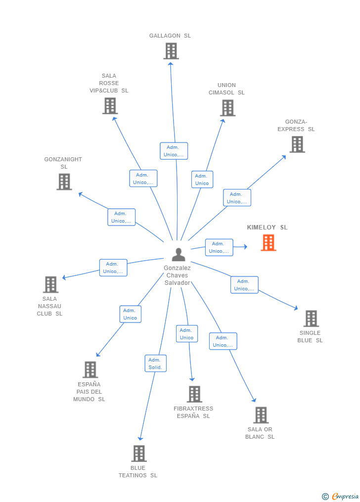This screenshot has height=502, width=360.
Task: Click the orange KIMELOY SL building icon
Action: point(269,243)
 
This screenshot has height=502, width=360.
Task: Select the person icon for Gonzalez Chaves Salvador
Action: point(178,255)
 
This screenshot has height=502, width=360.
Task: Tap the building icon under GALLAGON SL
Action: point(171,51)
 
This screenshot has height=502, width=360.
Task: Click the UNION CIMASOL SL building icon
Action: point(227,108)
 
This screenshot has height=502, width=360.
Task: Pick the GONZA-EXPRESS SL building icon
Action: point(297,144)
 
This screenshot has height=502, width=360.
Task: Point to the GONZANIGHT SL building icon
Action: point(64,182)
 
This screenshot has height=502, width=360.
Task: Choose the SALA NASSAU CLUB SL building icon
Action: point(50,284)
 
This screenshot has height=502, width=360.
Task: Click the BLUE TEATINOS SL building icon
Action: point(138,454)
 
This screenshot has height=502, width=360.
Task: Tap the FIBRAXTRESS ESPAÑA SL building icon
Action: point(194,394)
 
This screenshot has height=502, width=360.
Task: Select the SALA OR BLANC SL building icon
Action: point(261,415)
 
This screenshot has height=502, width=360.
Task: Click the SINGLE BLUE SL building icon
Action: point(311,319)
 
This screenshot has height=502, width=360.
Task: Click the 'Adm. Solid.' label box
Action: point(155,364)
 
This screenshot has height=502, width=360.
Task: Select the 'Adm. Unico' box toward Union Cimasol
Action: point(202,180)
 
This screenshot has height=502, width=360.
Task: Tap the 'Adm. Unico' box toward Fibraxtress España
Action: point(186,334)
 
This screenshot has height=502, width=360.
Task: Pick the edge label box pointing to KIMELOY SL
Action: point(219,247)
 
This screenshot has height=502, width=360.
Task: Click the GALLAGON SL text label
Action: point(170,36)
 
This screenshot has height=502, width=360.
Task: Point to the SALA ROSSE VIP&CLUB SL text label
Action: point(109,83)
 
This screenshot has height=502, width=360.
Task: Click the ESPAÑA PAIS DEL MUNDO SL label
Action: point(89,392)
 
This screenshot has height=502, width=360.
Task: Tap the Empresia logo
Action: point(341,496)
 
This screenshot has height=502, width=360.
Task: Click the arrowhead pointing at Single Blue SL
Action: point(296,308)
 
